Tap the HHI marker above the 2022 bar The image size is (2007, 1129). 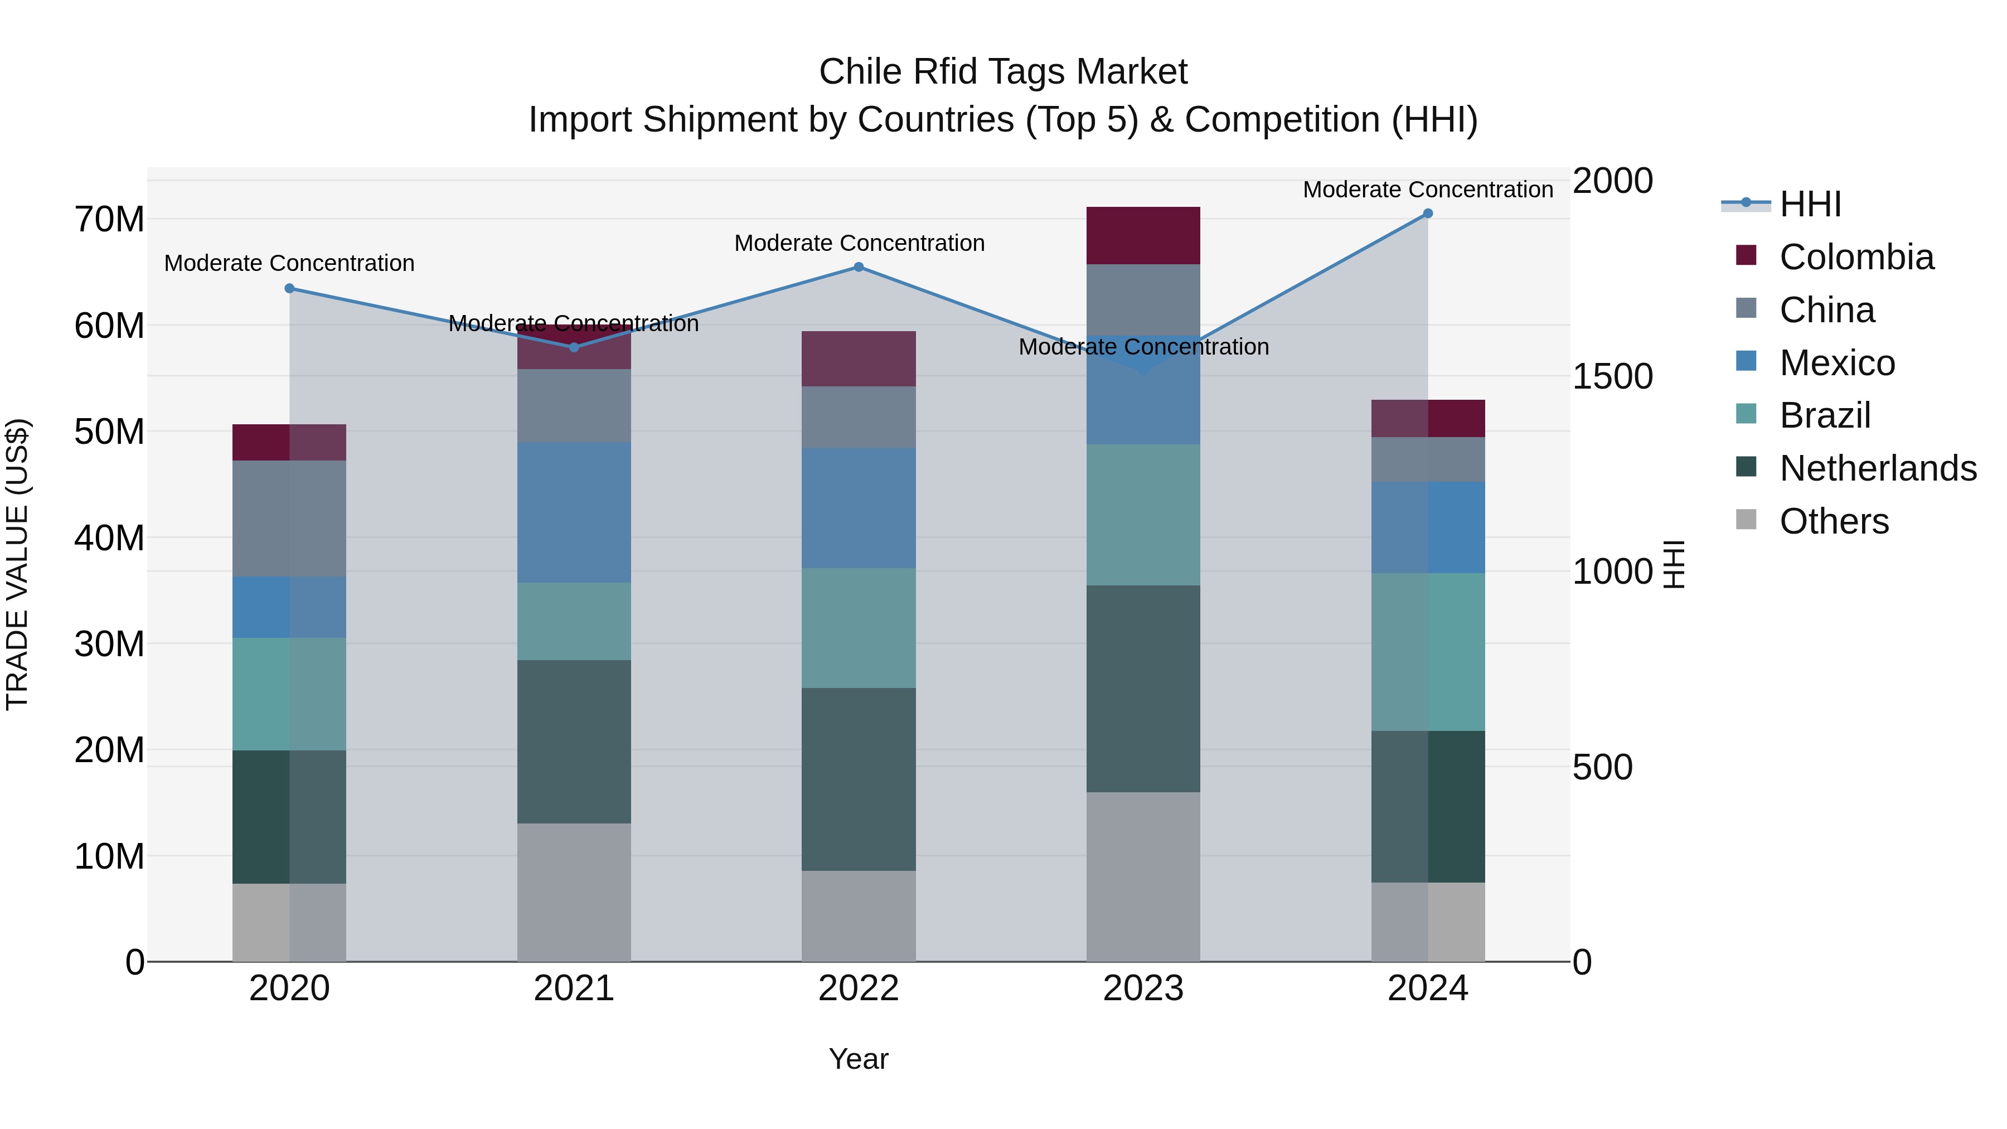coord(859,266)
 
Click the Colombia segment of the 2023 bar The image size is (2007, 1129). coord(1143,235)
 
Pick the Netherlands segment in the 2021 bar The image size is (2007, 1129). coord(574,741)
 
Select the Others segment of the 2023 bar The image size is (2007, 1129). coord(1143,876)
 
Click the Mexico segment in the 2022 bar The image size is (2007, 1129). coord(859,507)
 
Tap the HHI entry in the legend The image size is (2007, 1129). coord(1809,204)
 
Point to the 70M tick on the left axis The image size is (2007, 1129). coord(109,220)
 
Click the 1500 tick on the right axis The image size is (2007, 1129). coord(1612,376)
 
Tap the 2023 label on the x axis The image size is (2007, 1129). coord(1143,989)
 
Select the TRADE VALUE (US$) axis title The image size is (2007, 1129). coord(17,564)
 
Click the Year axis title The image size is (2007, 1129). coord(859,1059)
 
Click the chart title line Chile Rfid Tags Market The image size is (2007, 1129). coord(1003,72)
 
